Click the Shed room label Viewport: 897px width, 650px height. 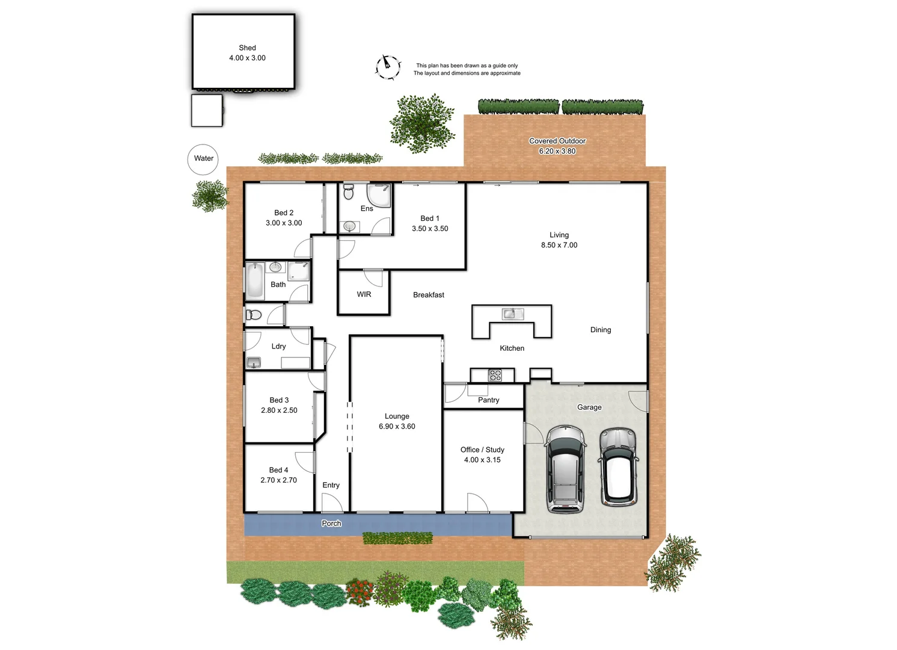click(x=247, y=48)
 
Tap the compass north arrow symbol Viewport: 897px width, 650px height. click(x=388, y=66)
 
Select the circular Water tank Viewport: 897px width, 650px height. click(x=203, y=159)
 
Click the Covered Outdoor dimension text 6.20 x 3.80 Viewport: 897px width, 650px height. click(x=557, y=151)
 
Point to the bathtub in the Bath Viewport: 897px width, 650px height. click(x=255, y=280)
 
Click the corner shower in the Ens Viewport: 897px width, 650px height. click(x=379, y=195)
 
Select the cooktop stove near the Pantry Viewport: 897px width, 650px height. click(x=495, y=376)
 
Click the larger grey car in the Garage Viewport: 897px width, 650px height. click(x=565, y=469)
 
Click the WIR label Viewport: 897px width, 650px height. click(x=364, y=294)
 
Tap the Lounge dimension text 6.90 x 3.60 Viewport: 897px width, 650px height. click(x=397, y=426)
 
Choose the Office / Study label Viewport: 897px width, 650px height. click(x=482, y=450)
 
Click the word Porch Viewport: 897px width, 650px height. click(x=331, y=524)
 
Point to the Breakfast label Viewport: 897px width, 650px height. click(x=429, y=295)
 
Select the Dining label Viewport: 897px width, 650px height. click(x=601, y=330)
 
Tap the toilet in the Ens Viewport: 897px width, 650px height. click(x=348, y=192)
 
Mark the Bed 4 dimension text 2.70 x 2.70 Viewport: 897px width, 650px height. click(x=278, y=480)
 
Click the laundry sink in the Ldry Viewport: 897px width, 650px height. click(x=254, y=362)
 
